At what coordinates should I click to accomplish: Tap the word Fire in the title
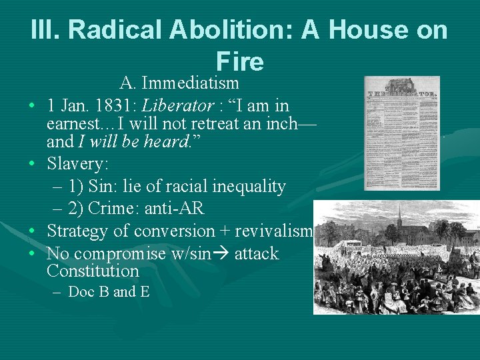coord(240,61)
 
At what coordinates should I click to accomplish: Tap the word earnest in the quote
coord(74,123)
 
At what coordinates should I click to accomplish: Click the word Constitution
coord(93,271)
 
